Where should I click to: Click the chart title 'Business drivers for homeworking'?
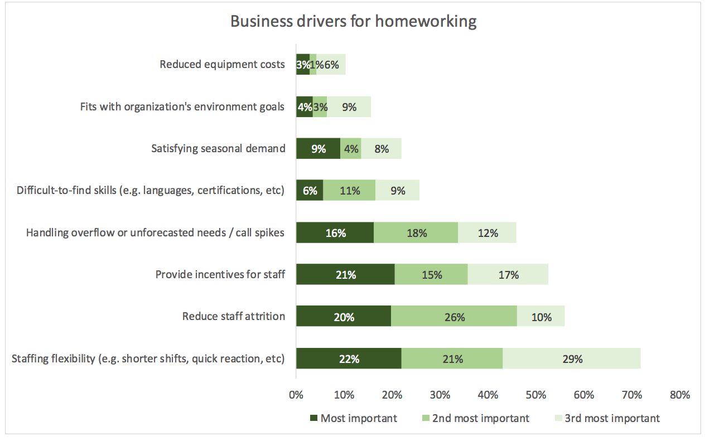354,22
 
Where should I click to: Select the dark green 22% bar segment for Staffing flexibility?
349,358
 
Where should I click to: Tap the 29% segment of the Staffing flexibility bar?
572,358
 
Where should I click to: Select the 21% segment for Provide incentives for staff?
345,274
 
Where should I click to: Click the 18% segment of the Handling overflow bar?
416,232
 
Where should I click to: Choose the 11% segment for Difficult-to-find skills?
349,190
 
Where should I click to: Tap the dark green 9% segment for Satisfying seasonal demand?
318,148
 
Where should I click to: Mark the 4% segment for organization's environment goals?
305,106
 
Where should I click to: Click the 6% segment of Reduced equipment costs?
331,65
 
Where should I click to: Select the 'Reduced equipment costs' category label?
222,65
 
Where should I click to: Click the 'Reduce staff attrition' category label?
233,317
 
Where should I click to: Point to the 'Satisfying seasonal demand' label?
218,148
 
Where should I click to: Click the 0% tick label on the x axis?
296,395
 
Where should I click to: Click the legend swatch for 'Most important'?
313,418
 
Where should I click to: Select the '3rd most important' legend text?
612,418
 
